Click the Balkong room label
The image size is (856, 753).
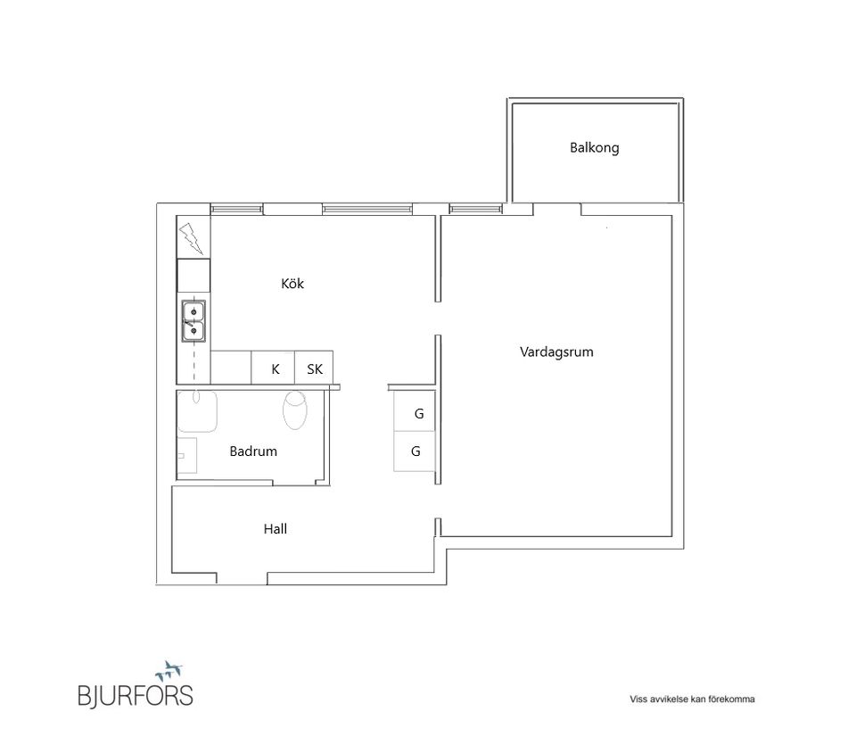[x=594, y=148]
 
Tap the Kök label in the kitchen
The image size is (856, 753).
[x=292, y=284]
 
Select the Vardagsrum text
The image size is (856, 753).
[x=556, y=352]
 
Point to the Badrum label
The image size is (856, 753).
[x=253, y=451]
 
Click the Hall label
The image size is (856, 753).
[x=276, y=529]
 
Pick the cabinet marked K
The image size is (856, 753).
[x=276, y=368]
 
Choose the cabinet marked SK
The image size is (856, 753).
[x=314, y=368]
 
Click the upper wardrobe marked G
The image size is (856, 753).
[x=417, y=414]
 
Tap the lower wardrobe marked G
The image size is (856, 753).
[x=416, y=451]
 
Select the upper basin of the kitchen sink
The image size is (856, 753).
[x=193, y=310]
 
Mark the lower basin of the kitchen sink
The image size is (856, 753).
[x=193, y=331]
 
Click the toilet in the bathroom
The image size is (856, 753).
[x=294, y=410]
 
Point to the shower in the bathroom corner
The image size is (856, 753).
[x=197, y=411]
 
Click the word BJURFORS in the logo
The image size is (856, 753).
[x=135, y=695]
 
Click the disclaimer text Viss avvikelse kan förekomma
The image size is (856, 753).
[x=692, y=699]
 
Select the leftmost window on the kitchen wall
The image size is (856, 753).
[x=236, y=209]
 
